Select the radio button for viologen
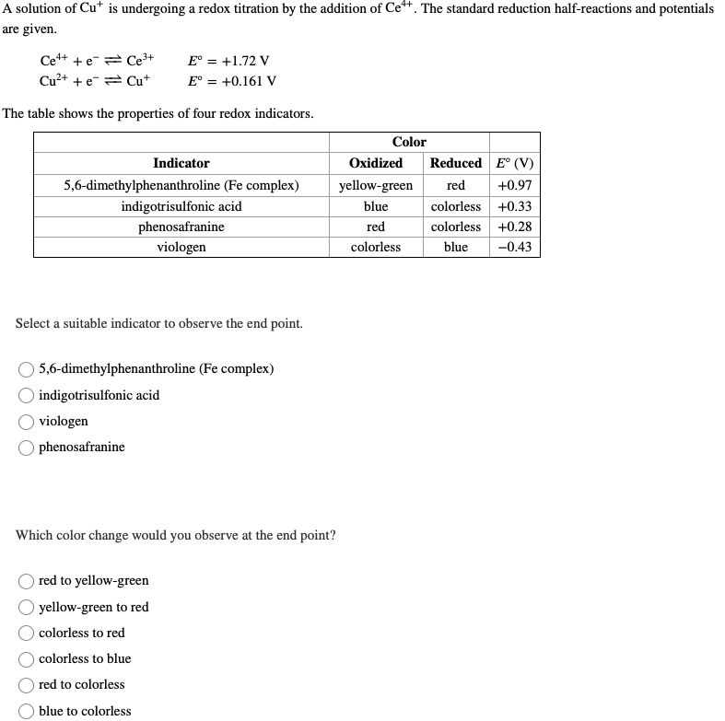tap(29, 422)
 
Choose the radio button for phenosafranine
tap(29, 448)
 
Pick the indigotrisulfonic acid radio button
tap(29, 396)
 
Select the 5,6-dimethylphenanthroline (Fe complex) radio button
tap(29, 369)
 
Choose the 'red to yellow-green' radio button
tap(29, 581)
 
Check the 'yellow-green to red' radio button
tap(29, 608)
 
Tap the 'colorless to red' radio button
tap(29, 634)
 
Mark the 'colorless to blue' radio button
tap(29, 659)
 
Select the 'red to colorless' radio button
tap(29, 685)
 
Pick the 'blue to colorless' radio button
tap(29, 711)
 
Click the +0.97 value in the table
tap(514, 186)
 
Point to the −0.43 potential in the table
tap(514, 247)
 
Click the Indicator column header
tap(181, 163)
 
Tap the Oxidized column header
tap(376, 163)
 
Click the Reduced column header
tap(456, 163)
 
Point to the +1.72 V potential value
tap(228, 61)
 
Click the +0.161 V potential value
tap(231, 80)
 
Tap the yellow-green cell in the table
tap(376, 186)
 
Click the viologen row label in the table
tap(181, 247)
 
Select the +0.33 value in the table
tap(514, 206)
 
